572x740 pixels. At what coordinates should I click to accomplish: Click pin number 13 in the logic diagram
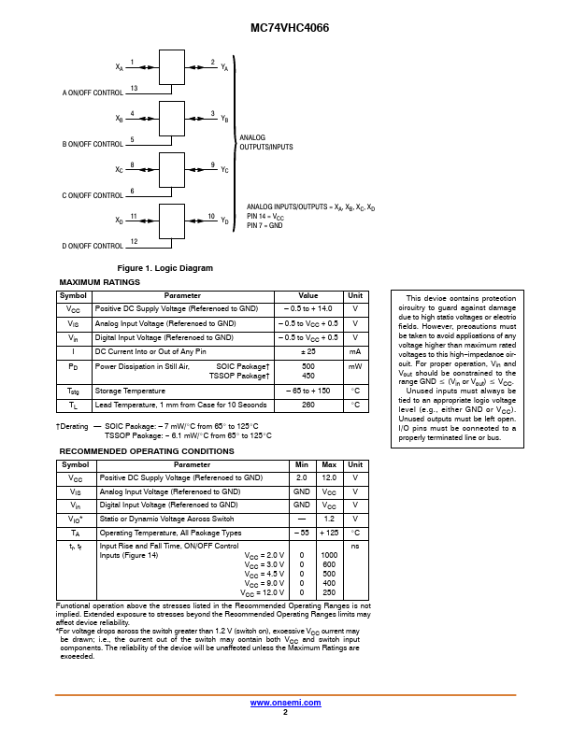coord(135,88)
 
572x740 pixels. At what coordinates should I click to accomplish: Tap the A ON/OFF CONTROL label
coord(93,93)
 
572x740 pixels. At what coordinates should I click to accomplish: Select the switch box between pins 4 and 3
coord(172,119)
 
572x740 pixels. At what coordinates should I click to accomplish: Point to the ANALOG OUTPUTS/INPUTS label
coord(265,142)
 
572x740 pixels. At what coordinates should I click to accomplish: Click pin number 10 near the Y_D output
coord(211,217)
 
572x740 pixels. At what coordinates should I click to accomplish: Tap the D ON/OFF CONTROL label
coord(93,246)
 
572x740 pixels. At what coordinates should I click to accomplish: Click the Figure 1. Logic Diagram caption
coord(165,268)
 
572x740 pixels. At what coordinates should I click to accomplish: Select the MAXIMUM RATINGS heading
coord(99,282)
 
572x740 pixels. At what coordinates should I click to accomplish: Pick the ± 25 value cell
coord(307,352)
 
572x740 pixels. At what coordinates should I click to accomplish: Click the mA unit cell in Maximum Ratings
coord(355,352)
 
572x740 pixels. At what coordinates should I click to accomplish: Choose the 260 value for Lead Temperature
coord(307,406)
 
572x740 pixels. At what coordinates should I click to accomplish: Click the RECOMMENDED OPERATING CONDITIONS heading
coord(147,451)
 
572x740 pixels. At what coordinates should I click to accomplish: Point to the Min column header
coord(302,464)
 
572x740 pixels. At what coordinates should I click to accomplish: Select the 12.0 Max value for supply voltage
coord(329,477)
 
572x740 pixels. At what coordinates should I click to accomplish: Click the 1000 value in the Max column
coord(329,555)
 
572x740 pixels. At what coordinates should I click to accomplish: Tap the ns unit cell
coord(355,546)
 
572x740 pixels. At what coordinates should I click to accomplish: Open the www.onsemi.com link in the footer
coord(285,702)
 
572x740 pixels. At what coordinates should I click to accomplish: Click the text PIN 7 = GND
coord(265,225)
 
